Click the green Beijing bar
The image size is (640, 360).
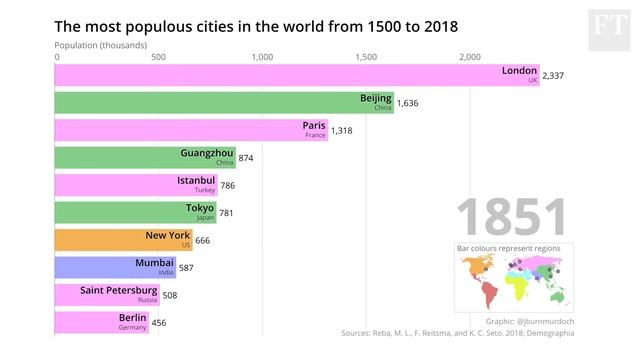224,103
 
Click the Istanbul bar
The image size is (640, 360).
136,185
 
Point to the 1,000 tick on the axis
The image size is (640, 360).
262,57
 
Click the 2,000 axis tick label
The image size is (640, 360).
470,57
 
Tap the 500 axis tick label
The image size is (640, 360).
158,57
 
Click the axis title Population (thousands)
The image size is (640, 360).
100,45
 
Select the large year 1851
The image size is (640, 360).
511,218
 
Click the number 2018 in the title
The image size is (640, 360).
435,25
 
